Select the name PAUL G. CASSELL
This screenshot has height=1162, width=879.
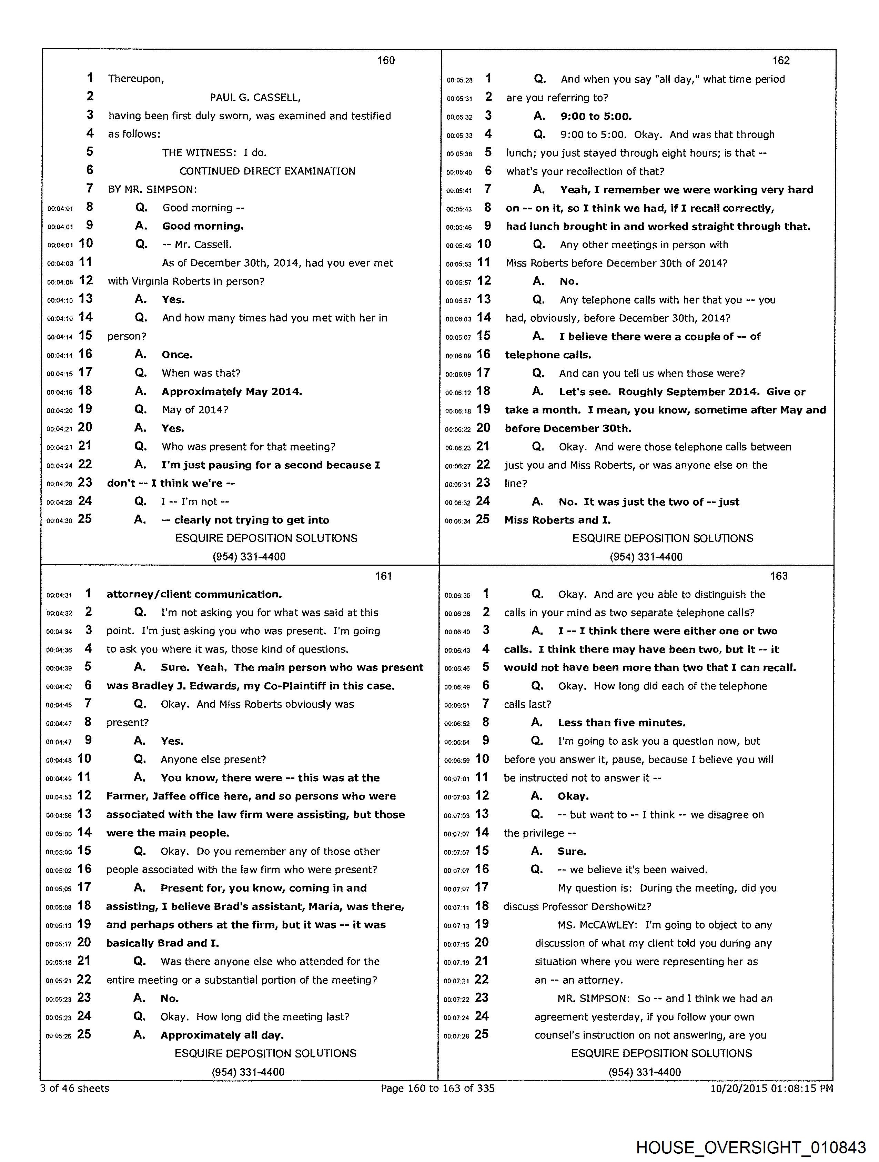(x=255, y=97)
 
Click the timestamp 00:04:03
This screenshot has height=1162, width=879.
(x=60, y=264)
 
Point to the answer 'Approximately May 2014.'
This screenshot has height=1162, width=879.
(x=232, y=391)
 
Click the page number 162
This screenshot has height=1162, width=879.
(x=781, y=60)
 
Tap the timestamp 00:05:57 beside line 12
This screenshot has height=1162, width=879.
(x=458, y=282)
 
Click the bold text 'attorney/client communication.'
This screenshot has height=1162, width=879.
(x=194, y=594)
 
